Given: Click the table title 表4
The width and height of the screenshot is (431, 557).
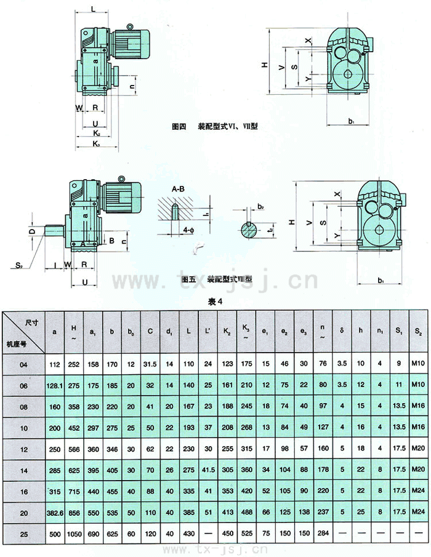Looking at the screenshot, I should pos(214,302).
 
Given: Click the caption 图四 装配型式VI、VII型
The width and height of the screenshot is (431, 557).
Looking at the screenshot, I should pos(215,127).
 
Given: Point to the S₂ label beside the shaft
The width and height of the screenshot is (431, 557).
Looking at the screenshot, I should pos(20,265).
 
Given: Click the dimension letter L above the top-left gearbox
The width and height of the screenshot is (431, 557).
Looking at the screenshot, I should pos(92,9).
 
